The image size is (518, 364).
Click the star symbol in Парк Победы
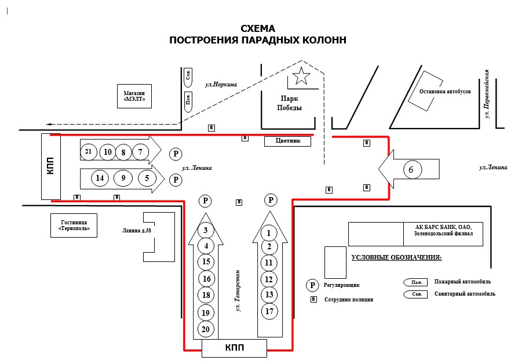coord(301,75)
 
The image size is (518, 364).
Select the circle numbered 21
coord(88,152)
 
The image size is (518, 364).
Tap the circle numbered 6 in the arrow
coord(411,170)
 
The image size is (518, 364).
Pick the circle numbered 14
coord(100,178)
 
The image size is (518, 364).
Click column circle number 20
coord(205,329)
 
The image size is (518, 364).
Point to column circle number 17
coord(269,311)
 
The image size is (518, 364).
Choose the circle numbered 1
coord(269,233)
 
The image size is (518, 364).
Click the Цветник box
coord(289,141)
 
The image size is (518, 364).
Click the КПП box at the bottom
coord(234,348)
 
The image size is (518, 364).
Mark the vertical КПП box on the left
coord(51,166)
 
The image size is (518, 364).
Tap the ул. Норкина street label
coord(221,85)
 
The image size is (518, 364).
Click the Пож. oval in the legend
coord(415,282)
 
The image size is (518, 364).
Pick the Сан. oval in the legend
coord(415,294)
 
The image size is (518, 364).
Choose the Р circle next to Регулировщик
coord(313,285)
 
